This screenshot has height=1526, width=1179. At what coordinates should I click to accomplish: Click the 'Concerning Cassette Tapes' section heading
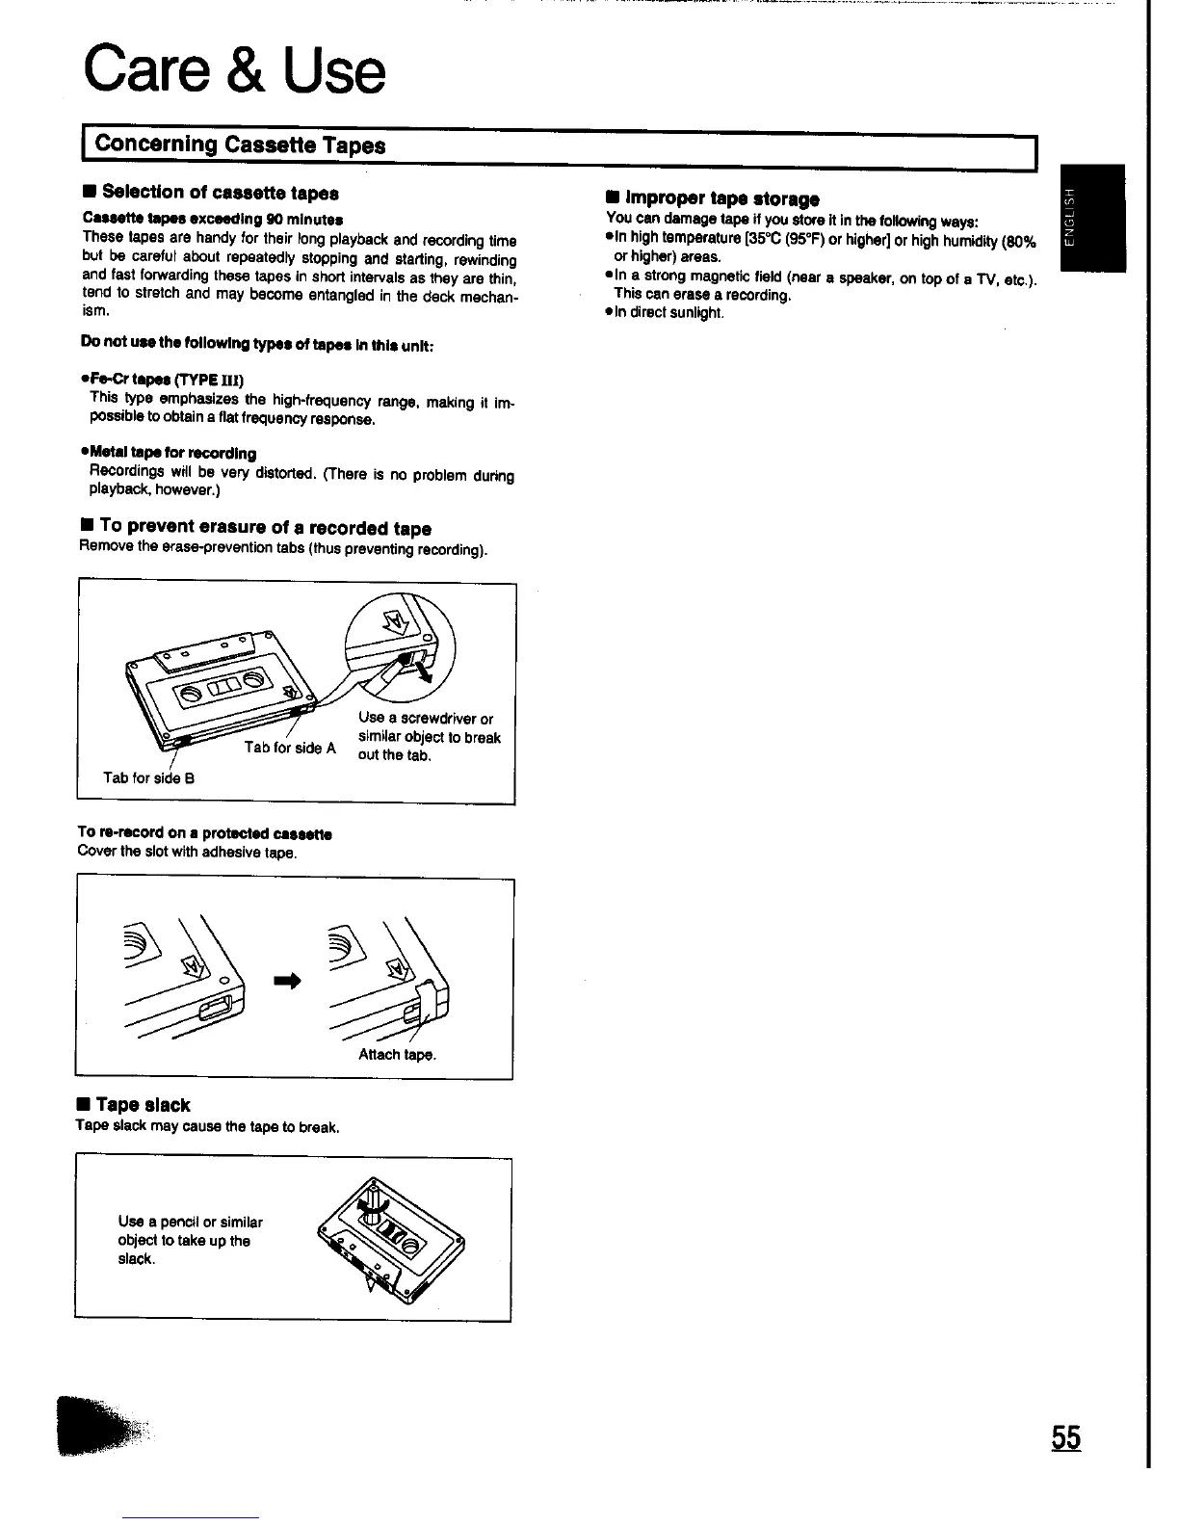[241, 145]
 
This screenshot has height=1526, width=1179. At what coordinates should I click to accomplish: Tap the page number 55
[1065, 1437]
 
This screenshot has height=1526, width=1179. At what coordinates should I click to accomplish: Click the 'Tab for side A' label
[290, 748]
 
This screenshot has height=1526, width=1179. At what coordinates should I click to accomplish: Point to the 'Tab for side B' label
[148, 777]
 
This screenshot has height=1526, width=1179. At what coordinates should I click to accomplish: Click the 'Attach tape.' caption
[397, 1054]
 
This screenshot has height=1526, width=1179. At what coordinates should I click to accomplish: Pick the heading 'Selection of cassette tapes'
[220, 193]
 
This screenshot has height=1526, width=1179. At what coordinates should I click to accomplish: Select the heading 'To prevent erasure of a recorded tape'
[264, 528]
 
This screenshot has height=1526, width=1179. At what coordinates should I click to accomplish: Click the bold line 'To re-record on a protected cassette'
[204, 833]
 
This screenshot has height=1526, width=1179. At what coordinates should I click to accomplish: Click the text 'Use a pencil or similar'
[190, 1222]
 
